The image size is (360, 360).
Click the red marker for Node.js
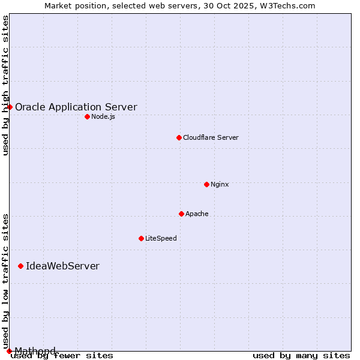pyautogui.click(x=87, y=116)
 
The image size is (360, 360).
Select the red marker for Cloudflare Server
pyautogui.click(x=179, y=137)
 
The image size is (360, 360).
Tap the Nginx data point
pyautogui.click(x=206, y=184)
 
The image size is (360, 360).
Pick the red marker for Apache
pyautogui.click(x=181, y=214)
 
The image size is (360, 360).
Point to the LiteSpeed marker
pyautogui.click(x=141, y=238)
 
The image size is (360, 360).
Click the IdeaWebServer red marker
pyautogui.click(x=20, y=266)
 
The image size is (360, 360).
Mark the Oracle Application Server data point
pyautogui.click(x=10, y=107)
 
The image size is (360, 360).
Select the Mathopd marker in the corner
pyautogui.click(x=9, y=350)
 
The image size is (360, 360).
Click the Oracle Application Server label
pyautogui.click(x=76, y=107)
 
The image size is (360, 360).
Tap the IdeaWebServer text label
pyautogui.click(x=62, y=266)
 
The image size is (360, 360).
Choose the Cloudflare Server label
pyautogui.click(x=211, y=138)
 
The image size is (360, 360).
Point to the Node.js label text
pyautogui.click(x=103, y=116)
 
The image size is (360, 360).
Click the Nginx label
pyautogui.click(x=220, y=184)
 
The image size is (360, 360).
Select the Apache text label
pyautogui.click(x=197, y=214)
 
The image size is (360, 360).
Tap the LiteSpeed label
pyautogui.click(x=161, y=239)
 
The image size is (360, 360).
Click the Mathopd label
pyautogui.click(x=35, y=351)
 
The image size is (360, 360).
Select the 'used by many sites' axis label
pyautogui.click(x=301, y=356)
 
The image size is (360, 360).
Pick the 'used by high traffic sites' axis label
pyautogui.click(x=5, y=85)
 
